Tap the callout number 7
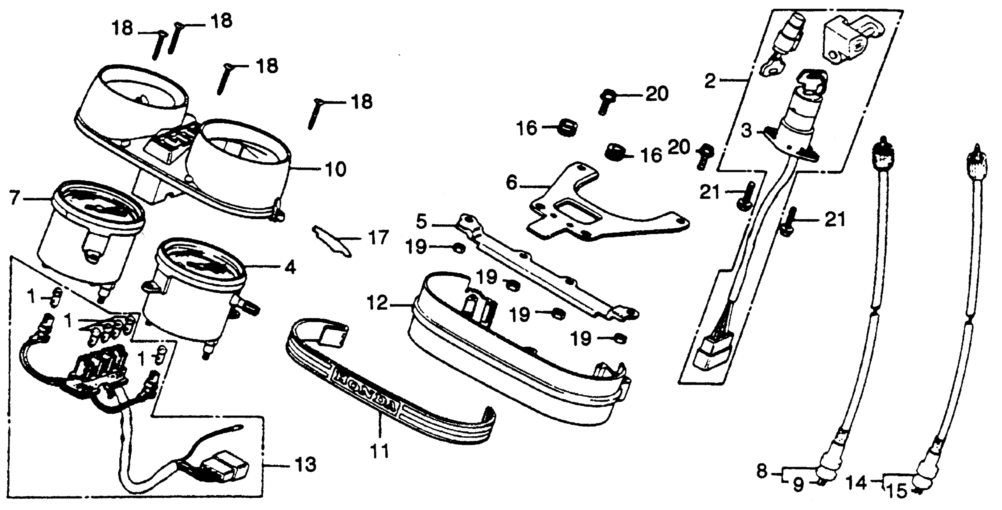click(14, 198)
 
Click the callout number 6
click(511, 183)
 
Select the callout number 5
click(421, 222)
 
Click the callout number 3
click(746, 131)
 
